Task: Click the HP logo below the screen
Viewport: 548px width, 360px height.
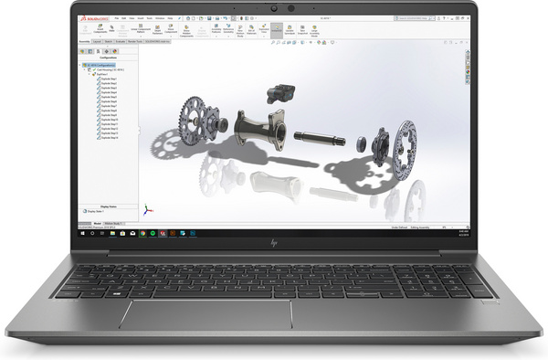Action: [274, 244]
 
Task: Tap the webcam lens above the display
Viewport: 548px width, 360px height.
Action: [290, 9]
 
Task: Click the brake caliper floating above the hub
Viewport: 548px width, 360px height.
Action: [278, 92]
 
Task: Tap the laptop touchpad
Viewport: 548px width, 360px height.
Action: [206, 313]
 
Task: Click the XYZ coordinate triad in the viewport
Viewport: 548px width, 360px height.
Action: [142, 207]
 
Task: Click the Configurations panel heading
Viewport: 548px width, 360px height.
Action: [110, 56]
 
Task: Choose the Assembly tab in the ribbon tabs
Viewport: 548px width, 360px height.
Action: [85, 42]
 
